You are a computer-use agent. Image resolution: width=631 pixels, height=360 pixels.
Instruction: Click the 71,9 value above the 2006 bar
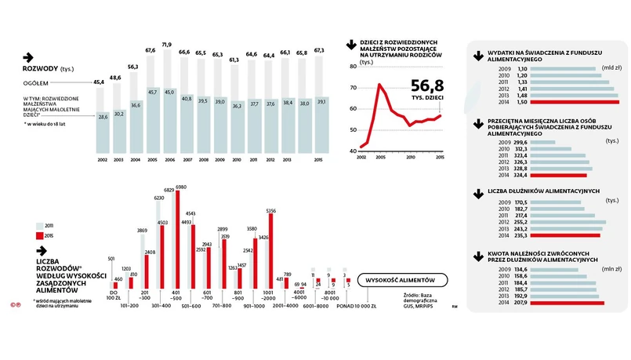coord(167,45)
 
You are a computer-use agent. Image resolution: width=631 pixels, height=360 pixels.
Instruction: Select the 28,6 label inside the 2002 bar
coord(101,117)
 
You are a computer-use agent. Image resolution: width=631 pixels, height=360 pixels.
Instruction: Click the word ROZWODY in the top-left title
coord(40,69)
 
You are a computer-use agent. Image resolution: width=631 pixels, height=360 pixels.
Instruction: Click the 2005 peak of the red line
coord(379,84)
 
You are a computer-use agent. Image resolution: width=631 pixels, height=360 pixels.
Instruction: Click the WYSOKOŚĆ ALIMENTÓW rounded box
coord(401,281)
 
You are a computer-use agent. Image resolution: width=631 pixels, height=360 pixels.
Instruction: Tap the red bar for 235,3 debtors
coord(565,235)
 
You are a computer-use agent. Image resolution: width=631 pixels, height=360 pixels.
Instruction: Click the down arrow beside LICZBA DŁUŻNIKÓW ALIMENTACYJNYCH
coord(477,192)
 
